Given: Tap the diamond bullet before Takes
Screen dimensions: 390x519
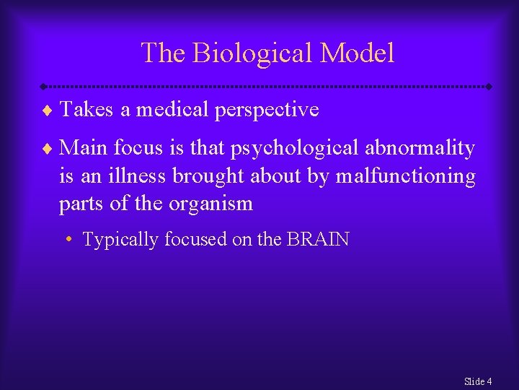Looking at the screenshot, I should point(48,110).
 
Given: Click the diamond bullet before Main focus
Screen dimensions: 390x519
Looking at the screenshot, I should point(48,149).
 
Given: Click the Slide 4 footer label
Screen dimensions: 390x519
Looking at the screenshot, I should point(478,381).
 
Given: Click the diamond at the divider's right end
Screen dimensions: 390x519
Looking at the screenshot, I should point(489,86).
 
